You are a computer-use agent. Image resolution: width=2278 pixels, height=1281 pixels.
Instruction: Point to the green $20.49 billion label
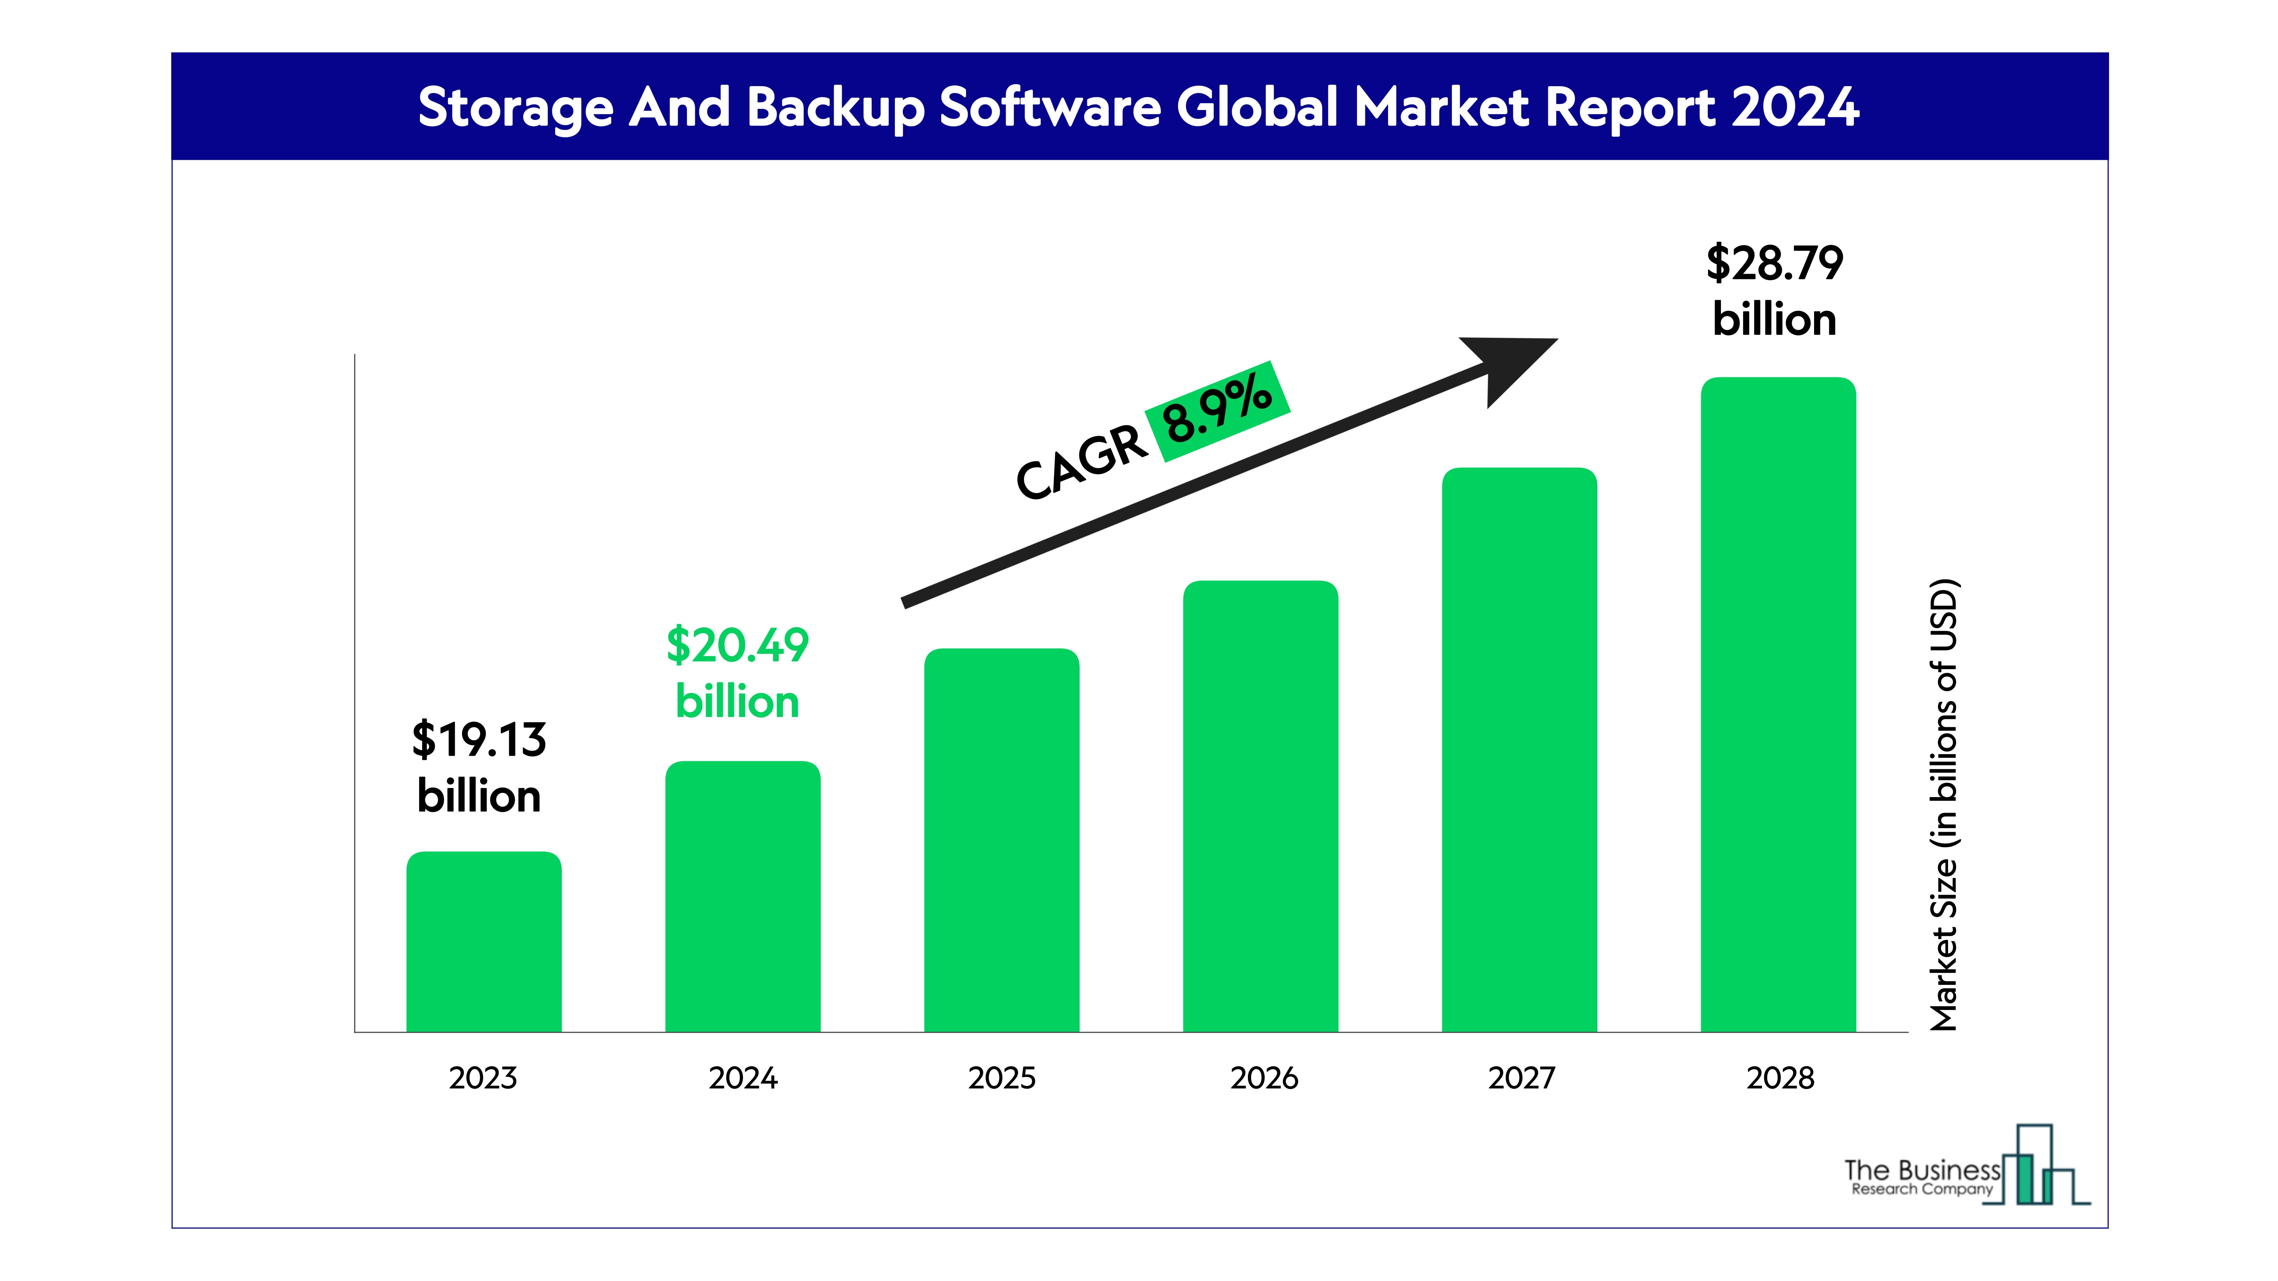[x=738, y=672]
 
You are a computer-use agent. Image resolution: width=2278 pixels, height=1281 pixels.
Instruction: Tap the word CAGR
[x=1081, y=462]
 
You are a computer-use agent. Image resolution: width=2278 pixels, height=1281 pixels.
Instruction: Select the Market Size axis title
[x=1944, y=805]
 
